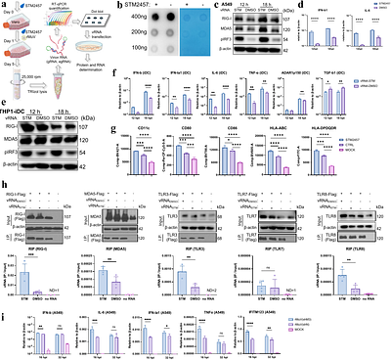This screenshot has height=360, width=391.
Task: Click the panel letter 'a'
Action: pos(4,5)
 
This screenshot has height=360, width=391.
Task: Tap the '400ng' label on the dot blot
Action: pos(127,20)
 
